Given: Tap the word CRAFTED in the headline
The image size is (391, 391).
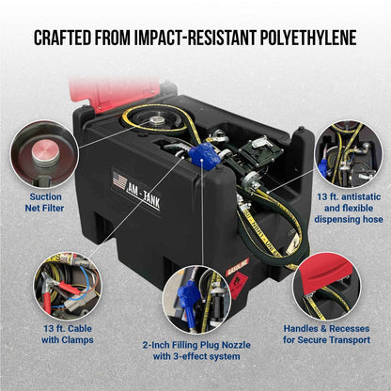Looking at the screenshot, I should pyautogui.click(x=68, y=39).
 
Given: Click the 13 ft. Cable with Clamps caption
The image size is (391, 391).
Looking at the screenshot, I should pyautogui.click(x=68, y=333).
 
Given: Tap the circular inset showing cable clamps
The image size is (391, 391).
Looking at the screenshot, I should pyautogui.click(x=68, y=285).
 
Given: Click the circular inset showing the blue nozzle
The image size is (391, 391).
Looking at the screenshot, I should pyautogui.click(x=195, y=299).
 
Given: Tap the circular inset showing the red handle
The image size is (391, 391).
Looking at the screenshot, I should pyautogui.click(x=326, y=285).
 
